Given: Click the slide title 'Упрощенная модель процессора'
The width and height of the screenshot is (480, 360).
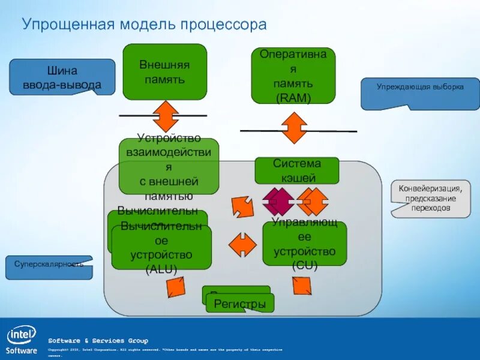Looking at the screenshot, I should click(x=144, y=25).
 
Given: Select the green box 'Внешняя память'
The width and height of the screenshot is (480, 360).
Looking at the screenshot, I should click(x=165, y=71).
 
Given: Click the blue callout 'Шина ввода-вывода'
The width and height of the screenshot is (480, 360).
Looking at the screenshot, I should click(x=62, y=77).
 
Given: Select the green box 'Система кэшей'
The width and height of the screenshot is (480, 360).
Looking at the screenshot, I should click(x=297, y=170).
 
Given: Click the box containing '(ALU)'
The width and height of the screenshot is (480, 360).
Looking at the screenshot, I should click(x=161, y=248).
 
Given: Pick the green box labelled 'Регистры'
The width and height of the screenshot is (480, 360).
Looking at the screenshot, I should click(x=240, y=304).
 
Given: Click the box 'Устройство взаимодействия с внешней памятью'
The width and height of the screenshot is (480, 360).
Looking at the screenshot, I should click(x=169, y=166).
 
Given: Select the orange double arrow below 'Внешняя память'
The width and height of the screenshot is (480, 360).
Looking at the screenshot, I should click(x=166, y=116).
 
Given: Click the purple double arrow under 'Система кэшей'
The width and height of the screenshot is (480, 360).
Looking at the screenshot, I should click(x=278, y=202).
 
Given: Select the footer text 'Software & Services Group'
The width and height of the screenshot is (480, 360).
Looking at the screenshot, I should click(x=98, y=341).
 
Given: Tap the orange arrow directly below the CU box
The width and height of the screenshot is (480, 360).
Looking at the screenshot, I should click(x=301, y=285).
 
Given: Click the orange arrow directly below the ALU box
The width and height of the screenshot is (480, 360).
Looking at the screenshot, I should click(x=175, y=287).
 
